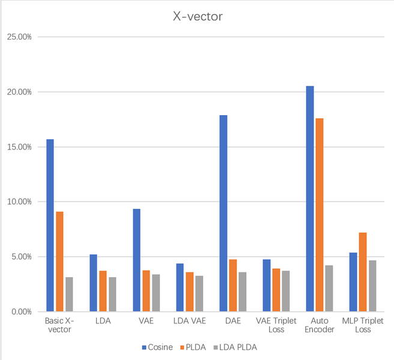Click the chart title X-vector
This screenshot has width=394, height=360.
197,16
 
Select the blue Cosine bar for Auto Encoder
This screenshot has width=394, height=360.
310,199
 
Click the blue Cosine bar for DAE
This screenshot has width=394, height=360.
223,213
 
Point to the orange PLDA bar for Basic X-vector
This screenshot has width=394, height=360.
59,262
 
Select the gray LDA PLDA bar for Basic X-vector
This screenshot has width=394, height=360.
69,294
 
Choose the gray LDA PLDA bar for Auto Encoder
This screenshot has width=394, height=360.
329,288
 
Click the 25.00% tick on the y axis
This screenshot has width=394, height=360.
20,37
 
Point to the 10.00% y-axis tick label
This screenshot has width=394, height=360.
20,202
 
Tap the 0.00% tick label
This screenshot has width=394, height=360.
22,311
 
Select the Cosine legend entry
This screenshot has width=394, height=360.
158,347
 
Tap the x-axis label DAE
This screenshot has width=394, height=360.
232,321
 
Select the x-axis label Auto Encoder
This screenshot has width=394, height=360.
320,325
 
